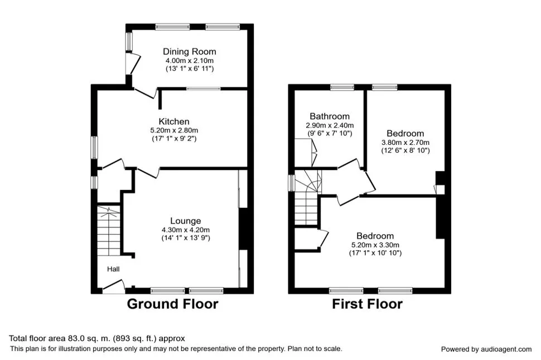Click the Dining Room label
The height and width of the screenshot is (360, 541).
[x=190, y=52]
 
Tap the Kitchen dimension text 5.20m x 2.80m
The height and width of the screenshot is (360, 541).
[x=174, y=130]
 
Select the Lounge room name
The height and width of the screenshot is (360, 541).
[x=185, y=221]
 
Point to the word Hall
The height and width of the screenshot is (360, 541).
[x=113, y=269]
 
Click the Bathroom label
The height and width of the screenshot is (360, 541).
[x=330, y=116]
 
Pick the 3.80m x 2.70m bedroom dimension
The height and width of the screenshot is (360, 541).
[x=405, y=143]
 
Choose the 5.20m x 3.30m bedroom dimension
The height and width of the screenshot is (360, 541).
[x=375, y=245]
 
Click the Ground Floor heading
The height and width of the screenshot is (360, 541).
[x=172, y=304]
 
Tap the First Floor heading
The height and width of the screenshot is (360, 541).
[x=367, y=304]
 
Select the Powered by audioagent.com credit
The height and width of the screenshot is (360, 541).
[x=486, y=349]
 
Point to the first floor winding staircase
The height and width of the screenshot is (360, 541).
[x=307, y=197]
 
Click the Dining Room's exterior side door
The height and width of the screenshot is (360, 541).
[x=133, y=63]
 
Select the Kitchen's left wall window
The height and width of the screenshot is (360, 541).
[x=94, y=148]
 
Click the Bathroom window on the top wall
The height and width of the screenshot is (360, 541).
[x=342, y=87]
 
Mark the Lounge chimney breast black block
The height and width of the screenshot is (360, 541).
[x=243, y=228]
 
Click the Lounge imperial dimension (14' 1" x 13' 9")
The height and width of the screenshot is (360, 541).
[x=186, y=238]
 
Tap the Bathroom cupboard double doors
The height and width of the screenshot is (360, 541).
[x=314, y=152]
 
